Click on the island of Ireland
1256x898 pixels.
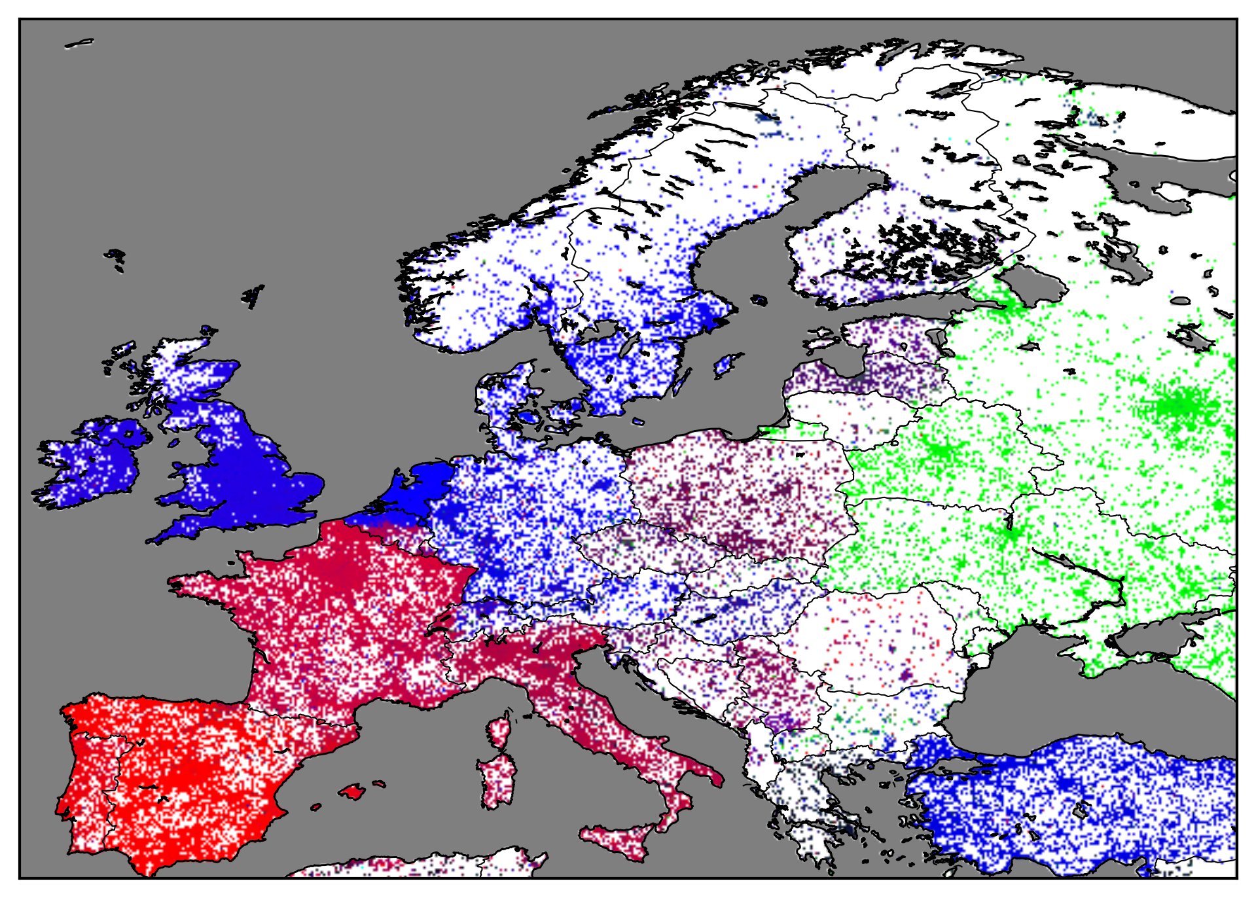pos(92,461)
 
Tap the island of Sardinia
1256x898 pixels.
pos(495,782)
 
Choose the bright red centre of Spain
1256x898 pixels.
pos(190,772)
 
